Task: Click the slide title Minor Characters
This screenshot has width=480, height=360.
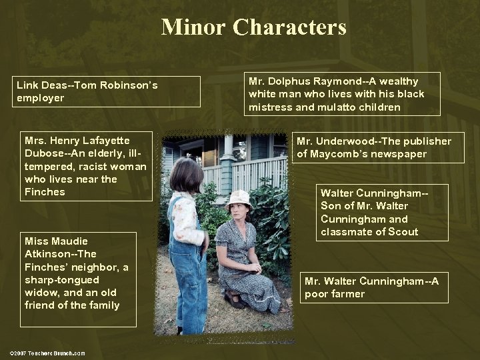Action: pos(253,27)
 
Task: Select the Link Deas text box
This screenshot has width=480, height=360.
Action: pos(107,91)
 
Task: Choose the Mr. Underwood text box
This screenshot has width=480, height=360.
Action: pos(373,147)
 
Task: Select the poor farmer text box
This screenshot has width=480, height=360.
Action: pos(373,287)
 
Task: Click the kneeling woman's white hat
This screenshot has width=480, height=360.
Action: pos(238,197)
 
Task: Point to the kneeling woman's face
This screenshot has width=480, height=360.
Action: pos(239,212)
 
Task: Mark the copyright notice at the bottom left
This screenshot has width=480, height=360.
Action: pos(47,352)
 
